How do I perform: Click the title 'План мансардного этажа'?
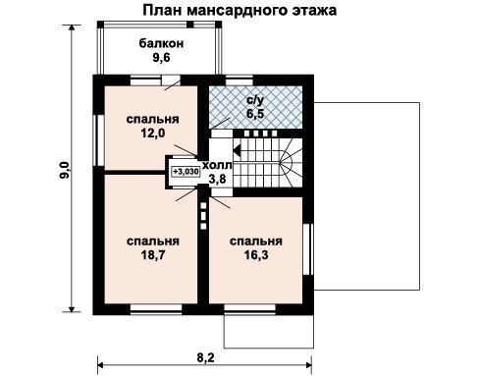click(x=239, y=10)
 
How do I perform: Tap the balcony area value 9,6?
click(x=161, y=58)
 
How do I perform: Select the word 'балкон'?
click(x=161, y=43)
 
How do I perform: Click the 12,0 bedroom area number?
click(x=153, y=134)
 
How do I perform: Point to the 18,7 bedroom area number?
click(x=153, y=255)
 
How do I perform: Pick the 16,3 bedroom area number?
click(x=256, y=255)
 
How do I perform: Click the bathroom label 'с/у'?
click(x=255, y=100)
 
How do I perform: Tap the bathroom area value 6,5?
click(x=255, y=114)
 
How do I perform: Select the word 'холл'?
click(x=217, y=165)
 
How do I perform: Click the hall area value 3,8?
click(x=217, y=179)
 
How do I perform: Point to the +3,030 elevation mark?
click(x=186, y=172)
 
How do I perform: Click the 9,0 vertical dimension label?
click(x=64, y=170)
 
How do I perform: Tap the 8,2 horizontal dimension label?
click(x=205, y=357)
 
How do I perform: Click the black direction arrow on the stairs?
click(x=238, y=150)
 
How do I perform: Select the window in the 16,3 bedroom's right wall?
click(x=308, y=249)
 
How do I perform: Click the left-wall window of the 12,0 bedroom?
click(x=99, y=139)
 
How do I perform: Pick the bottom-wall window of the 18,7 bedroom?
click(x=156, y=309)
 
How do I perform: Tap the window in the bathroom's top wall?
click(x=239, y=81)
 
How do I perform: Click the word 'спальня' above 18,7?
click(x=153, y=242)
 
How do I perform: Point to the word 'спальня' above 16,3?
click(x=256, y=242)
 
